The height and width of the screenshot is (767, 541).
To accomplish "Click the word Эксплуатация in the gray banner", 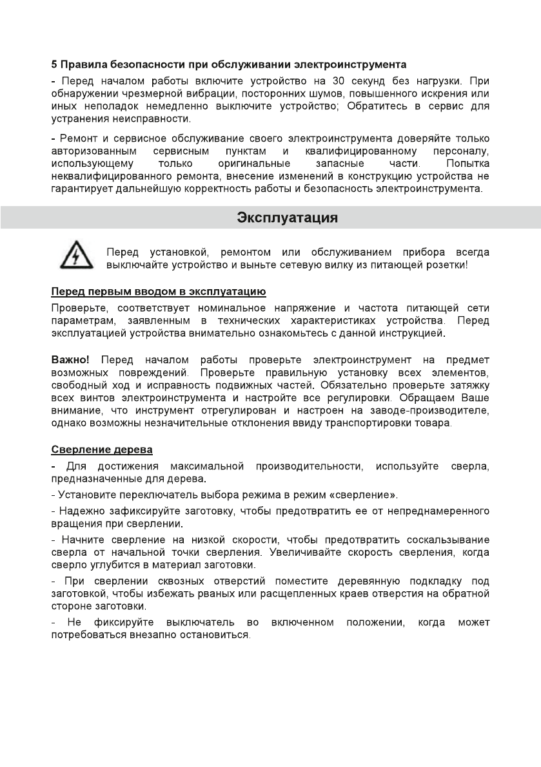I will point(288,217).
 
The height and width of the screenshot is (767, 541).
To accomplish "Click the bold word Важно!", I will point(70,359).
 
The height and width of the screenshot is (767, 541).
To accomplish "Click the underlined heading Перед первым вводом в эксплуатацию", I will point(158,292).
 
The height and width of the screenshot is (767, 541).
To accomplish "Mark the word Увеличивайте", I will point(356,553).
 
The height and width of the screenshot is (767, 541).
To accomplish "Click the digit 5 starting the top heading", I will point(54,65).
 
